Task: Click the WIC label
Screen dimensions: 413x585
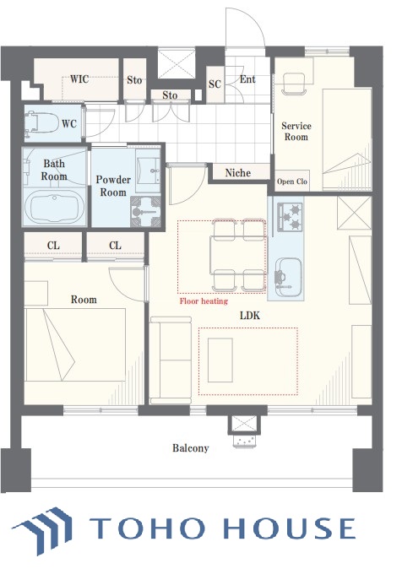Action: tap(79, 79)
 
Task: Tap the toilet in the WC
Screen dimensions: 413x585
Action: tap(41, 122)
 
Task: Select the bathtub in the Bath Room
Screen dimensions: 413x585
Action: tap(55, 206)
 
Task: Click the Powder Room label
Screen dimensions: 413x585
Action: tap(113, 186)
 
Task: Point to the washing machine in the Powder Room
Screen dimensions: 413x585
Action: tap(145, 212)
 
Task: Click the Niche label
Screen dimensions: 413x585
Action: tap(238, 173)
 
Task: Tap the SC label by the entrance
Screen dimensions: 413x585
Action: tap(215, 84)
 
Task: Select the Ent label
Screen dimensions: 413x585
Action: tap(247, 79)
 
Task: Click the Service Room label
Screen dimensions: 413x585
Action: tap(296, 132)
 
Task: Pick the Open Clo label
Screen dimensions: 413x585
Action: tap(292, 181)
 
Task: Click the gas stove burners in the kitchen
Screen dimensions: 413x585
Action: tap(290, 217)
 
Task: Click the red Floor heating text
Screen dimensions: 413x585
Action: tap(204, 301)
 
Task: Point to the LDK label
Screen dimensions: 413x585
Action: tap(250, 316)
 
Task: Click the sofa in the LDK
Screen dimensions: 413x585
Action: tap(171, 360)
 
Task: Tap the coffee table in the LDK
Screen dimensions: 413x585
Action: tap(220, 360)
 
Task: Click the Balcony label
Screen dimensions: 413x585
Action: tap(190, 447)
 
